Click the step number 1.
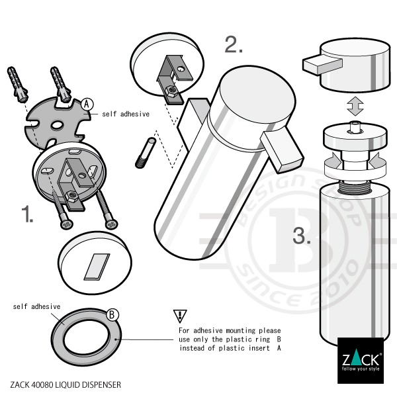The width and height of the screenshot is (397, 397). [27, 214]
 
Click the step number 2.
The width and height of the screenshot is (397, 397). [234, 44]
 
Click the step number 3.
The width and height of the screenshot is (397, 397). [300, 236]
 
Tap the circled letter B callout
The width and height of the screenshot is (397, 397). [112, 314]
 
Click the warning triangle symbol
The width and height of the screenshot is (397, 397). [180, 315]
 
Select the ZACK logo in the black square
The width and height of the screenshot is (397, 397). [360, 361]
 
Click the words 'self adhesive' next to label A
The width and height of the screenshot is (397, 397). [126, 114]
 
